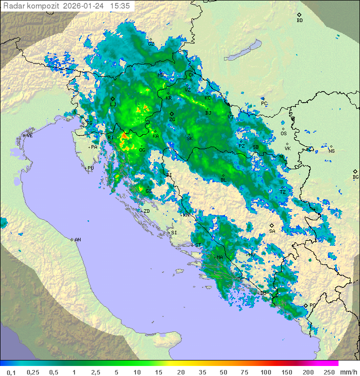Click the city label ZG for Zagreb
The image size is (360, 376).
point(172,120)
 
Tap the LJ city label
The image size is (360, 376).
point(113,105)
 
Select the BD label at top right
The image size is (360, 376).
point(299,21)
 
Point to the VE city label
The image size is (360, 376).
point(29,136)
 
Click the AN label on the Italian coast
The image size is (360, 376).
point(77,240)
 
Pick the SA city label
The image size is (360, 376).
point(272,231)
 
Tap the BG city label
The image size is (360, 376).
point(355,177)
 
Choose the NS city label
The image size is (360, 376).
point(331,151)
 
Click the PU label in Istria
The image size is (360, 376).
point(90,168)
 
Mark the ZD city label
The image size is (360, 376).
point(146,211)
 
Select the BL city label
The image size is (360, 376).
point(223,180)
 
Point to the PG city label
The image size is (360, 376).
point(312,305)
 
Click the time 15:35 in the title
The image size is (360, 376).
point(120,6)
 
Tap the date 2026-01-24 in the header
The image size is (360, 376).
point(84,6)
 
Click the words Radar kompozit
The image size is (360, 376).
point(31,6)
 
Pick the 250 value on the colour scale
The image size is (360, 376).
point(328,372)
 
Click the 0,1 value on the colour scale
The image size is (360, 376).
point(11,372)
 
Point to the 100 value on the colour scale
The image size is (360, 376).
point(265,372)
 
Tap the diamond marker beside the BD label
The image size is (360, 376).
point(299,15)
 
